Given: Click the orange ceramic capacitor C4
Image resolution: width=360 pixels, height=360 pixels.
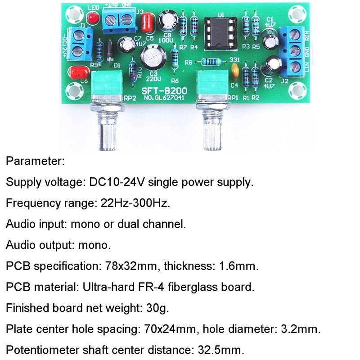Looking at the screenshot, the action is [234, 70].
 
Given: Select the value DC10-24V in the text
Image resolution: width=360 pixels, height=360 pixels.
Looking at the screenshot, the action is [117, 183].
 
